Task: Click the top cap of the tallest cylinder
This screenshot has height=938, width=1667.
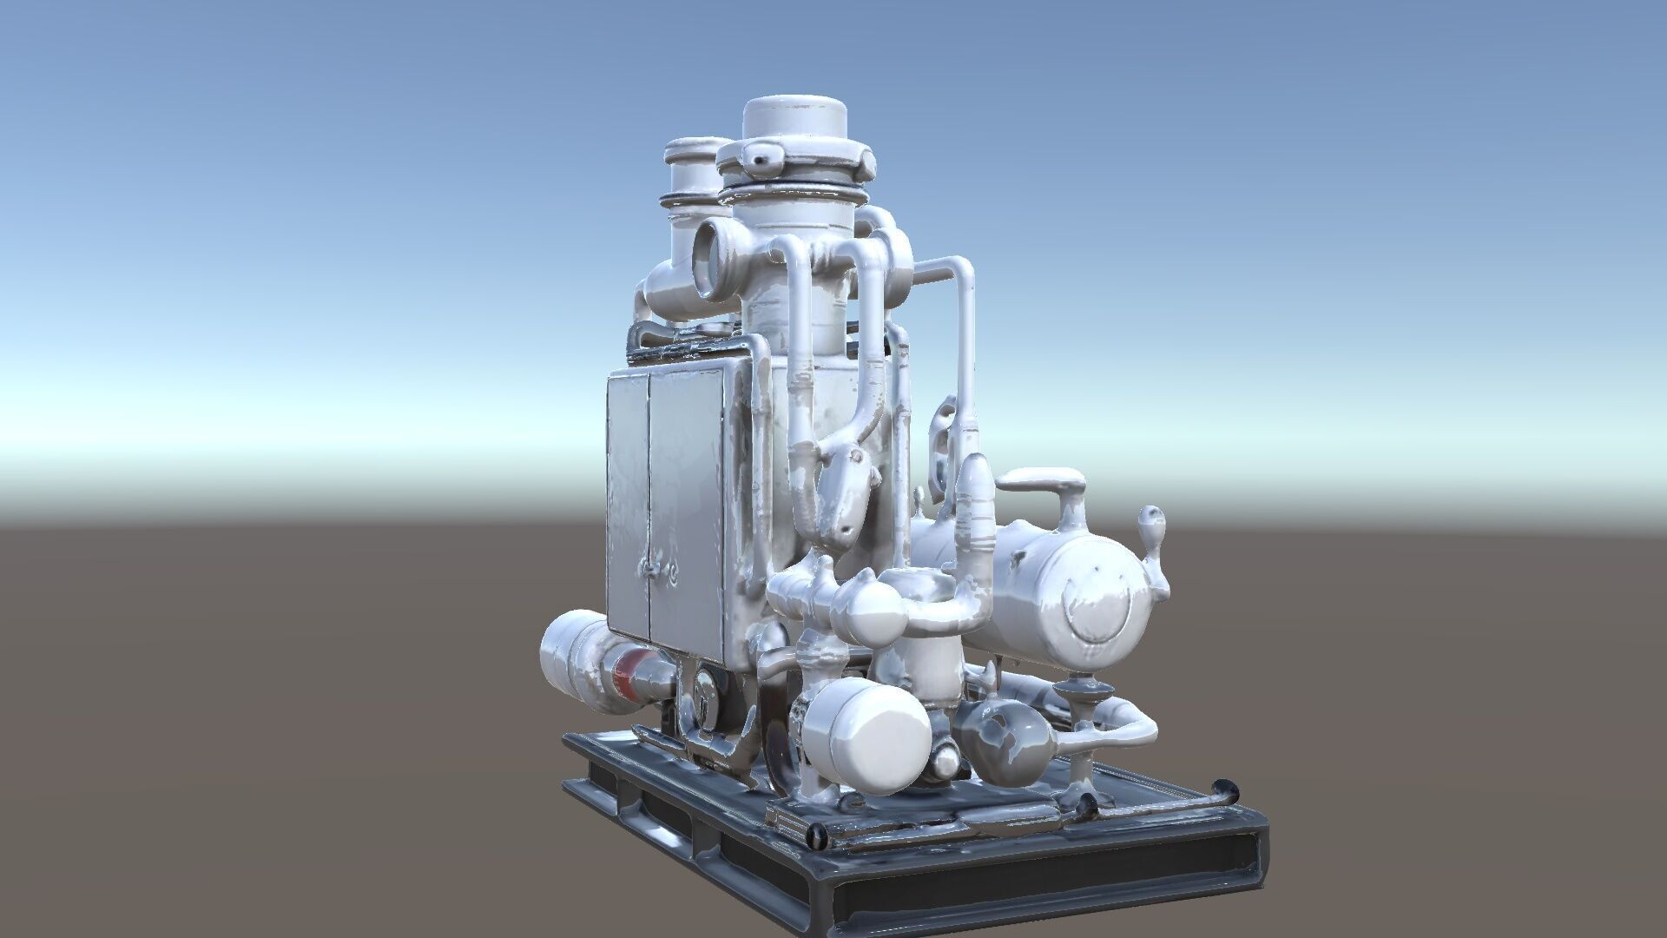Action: pyautogui.click(x=794, y=117)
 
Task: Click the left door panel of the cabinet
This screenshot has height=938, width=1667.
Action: pyautogui.click(x=627, y=504)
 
